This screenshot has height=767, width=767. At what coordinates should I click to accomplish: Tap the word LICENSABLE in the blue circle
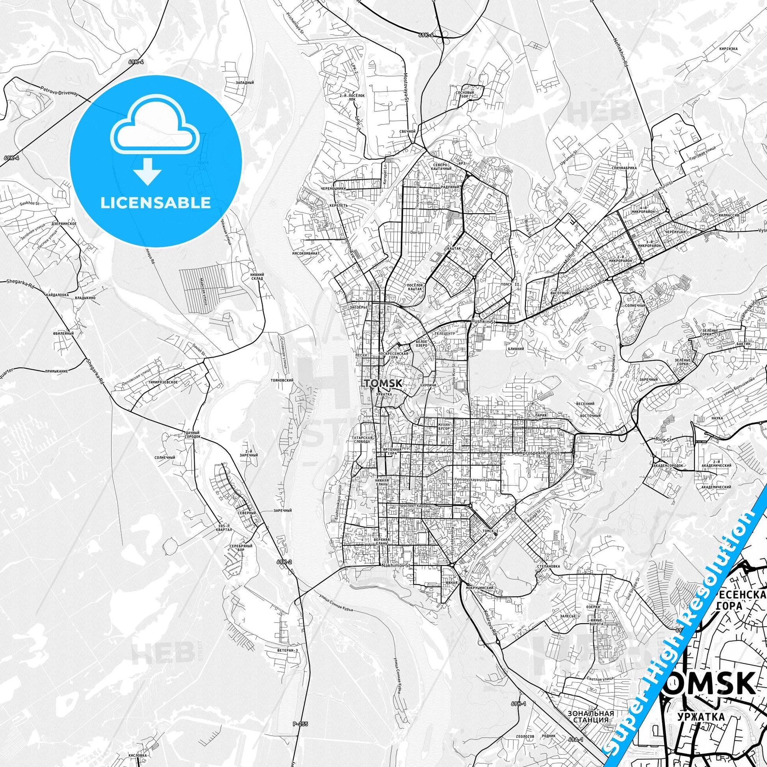(156, 203)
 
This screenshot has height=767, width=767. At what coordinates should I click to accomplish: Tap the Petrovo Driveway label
(60, 91)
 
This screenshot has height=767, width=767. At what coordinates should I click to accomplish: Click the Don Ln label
(415, 231)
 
